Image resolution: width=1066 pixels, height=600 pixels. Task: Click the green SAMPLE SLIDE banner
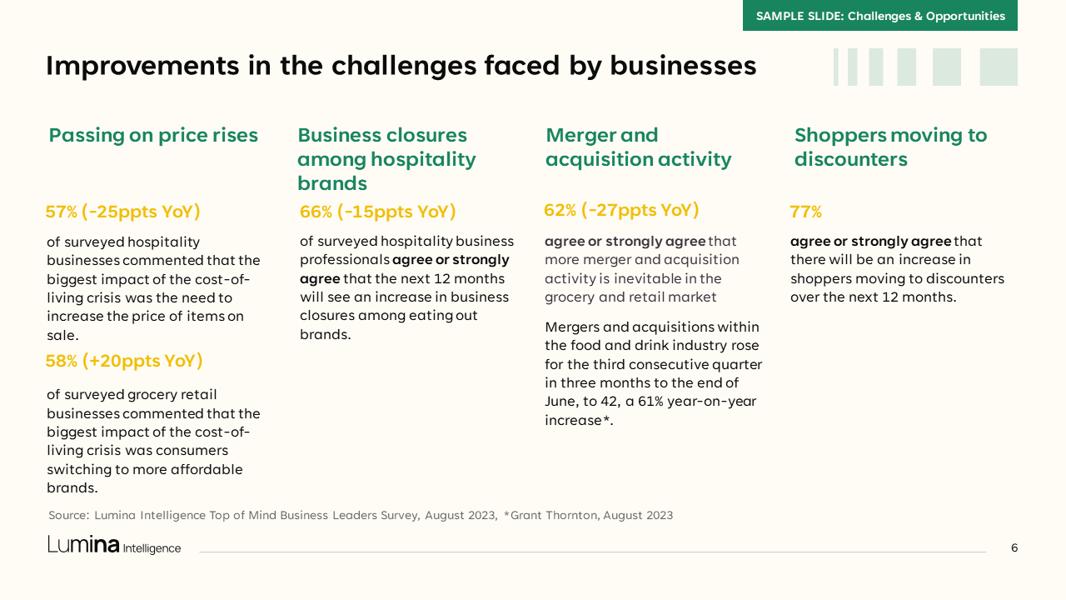(880, 15)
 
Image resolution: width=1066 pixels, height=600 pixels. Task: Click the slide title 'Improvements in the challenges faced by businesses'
(401, 66)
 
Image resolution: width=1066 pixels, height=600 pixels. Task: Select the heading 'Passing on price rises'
(153, 136)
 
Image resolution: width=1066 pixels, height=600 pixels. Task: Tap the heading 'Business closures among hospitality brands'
(387, 159)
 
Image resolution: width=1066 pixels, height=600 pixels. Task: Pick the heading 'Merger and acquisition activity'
(638, 147)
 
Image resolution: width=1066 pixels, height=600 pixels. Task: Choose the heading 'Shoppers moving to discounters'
(891, 147)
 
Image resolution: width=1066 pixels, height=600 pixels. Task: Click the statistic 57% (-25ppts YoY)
(122, 212)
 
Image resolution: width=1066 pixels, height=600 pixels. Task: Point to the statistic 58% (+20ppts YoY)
(124, 361)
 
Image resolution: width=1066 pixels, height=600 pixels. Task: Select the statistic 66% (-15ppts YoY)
(378, 212)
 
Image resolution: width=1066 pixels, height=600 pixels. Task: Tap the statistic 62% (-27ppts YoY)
(621, 210)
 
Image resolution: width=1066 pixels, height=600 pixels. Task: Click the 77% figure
(805, 212)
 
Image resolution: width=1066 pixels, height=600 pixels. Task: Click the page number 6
(1014, 548)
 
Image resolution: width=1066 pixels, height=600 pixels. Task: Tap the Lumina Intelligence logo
(114, 545)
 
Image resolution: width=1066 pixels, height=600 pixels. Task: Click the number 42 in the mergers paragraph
(609, 402)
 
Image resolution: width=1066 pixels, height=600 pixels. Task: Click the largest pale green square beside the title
(999, 67)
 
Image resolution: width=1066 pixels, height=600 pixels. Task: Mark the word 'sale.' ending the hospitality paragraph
(62, 335)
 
